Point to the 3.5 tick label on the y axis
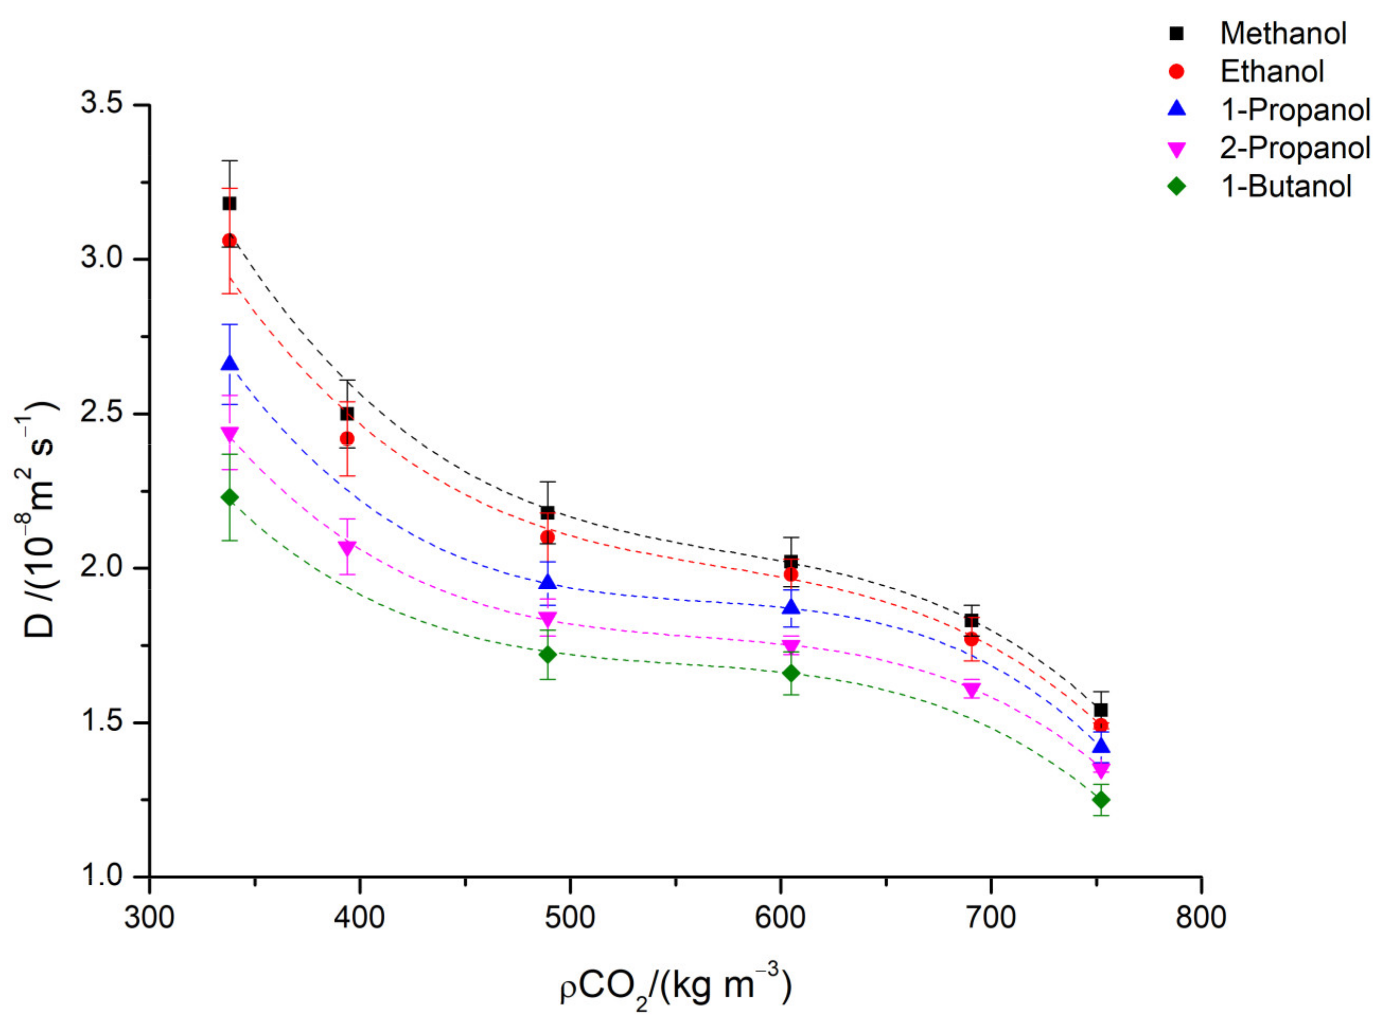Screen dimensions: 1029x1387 click(x=101, y=104)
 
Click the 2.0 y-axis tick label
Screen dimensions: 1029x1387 click(x=101, y=567)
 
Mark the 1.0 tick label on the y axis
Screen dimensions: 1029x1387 click(x=101, y=876)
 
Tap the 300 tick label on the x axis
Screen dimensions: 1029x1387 click(x=150, y=918)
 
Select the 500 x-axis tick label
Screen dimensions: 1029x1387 click(x=570, y=918)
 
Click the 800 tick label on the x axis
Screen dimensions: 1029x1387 click(x=1201, y=918)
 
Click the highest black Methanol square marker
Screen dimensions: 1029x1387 click(x=229, y=204)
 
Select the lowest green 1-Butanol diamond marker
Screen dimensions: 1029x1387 click(x=1101, y=799)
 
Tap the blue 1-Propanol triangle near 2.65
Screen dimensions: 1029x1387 click(x=229, y=364)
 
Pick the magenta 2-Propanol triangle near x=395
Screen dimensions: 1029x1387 click(x=347, y=548)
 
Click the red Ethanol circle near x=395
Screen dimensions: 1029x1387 click(x=347, y=438)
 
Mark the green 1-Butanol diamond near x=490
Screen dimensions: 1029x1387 click(x=548, y=654)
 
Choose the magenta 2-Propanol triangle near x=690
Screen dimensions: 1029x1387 click(x=971, y=690)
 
